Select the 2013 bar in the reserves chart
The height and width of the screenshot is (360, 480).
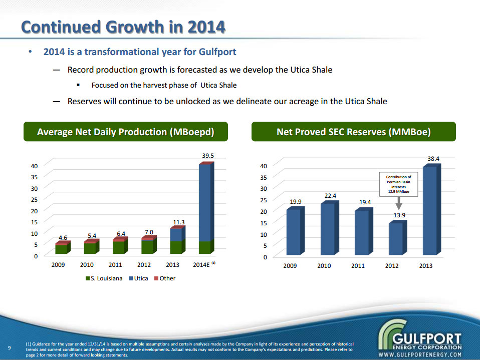coord(429,210)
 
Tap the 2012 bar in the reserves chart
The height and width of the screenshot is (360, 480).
coord(396,239)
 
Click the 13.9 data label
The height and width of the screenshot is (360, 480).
coord(399,215)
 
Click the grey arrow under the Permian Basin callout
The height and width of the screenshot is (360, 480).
coord(399,203)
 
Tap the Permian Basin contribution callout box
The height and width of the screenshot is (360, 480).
coord(398,184)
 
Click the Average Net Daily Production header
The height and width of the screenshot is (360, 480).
coord(125,132)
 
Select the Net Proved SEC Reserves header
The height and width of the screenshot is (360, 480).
coord(354,132)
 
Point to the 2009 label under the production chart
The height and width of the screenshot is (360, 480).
coord(59,265)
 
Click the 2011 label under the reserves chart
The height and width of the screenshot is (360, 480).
coord(358,265)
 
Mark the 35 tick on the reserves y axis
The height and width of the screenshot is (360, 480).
coord(263,177)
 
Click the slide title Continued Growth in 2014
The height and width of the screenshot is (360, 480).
coord(123,27)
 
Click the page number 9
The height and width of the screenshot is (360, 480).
coord(10,347)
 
